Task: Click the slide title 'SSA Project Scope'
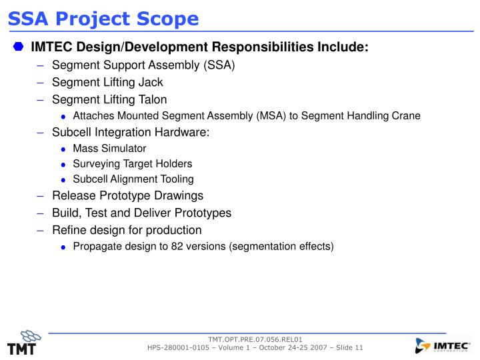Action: [x=103, y=18]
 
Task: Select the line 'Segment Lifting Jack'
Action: [x=107, y=83]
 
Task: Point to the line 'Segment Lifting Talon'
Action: [x=109, y=100]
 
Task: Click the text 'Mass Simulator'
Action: [x=109, y=148]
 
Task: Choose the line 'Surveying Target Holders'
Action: [x=132, y=163]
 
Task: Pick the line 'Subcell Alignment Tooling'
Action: [x=133, y=179]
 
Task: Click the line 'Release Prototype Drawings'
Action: [x=127, y=196]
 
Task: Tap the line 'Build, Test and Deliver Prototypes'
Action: [x=141, y=213]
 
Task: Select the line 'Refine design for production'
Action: [x=127, y=231]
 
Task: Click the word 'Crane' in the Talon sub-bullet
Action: [x=406, y=116]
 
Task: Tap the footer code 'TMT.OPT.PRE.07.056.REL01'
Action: [x=255, y=339]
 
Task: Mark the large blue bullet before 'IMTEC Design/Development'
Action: [x=18, y=47]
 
